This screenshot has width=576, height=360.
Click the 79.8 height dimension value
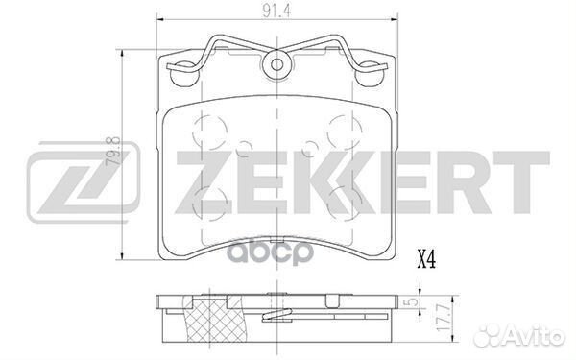pyautogui.click(x=114, y=153)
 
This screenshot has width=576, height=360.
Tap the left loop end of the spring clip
pyautogui.click(x=179, y=67)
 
